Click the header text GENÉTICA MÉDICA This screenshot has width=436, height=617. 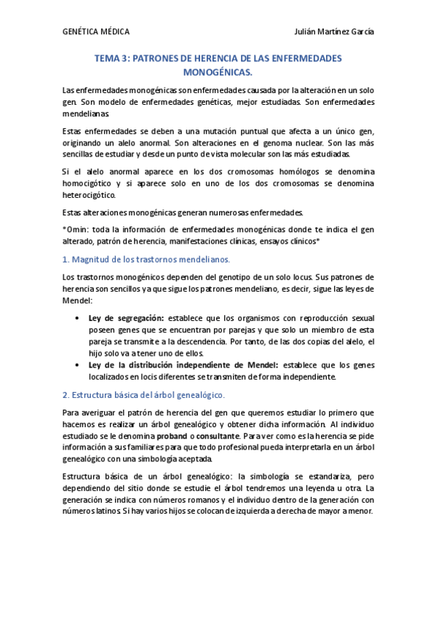(x=97, y=32)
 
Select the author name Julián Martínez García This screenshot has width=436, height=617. (x=334, y=32)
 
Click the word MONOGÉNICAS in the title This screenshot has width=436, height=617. (x=218, y=72)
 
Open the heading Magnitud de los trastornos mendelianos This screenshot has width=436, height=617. (x=151, y=259)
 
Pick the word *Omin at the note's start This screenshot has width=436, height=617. (x=75, y=230)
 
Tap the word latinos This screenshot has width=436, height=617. (x=105, y=511)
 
